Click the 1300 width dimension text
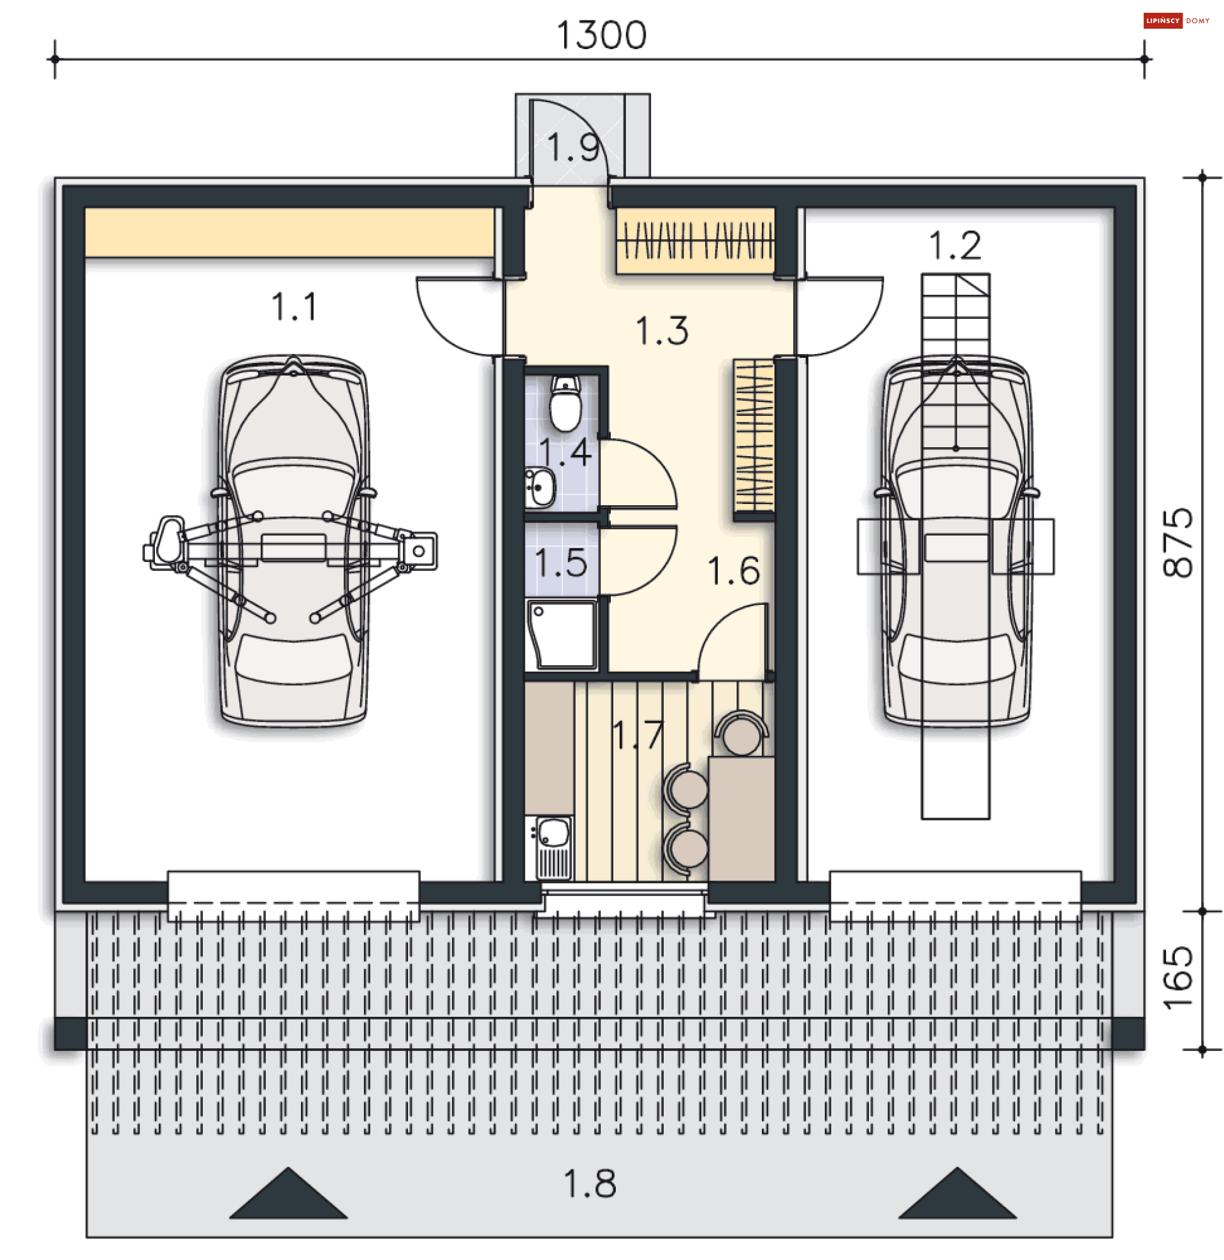tap(601, 34)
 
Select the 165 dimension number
tap(1177, 977)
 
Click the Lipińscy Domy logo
tap(1176, 20)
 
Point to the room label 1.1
tap(294, 307)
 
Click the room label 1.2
tap(954, 246)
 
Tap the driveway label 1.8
tap(590, 1184)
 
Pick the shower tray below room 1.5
tap(562, 634)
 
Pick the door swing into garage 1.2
tap(839, 315)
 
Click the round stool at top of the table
tap(741, 736)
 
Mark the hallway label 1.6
tap(733, 570)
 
